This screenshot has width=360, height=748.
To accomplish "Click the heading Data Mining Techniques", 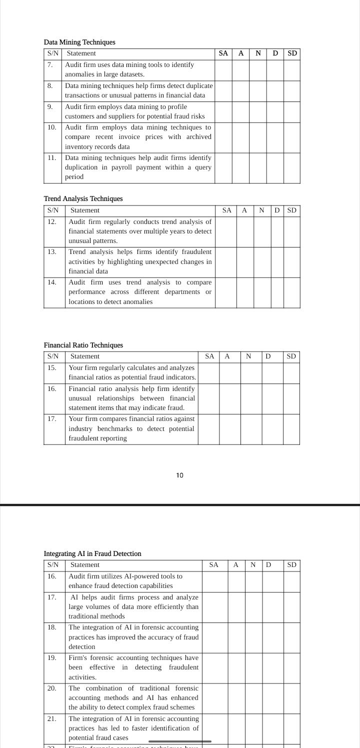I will pos(79,42).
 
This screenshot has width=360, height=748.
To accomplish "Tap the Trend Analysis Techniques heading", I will pos(83,198).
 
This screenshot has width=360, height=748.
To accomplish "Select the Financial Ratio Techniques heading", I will pos(83,345).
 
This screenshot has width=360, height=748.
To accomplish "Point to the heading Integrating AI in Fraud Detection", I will pos(92,553).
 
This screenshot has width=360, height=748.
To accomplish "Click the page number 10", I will pos(180,475).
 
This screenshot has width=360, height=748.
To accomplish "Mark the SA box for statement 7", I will pos(223,69).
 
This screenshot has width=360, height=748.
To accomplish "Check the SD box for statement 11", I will pos(292,167).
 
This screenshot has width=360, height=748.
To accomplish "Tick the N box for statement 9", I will pos(257,111).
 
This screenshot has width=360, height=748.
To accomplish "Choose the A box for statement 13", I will pos(244,262).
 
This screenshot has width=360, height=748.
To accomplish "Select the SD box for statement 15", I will pos(291,372).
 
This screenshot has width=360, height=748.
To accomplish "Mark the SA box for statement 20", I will pos(214,698).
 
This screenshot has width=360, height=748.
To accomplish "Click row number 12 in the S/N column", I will pos(52,221).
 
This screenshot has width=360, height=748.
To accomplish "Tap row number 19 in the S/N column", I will pos(52,658).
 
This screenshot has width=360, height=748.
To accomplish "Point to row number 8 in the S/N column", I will pos(50,85).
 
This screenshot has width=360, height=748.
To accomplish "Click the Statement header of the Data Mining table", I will pos(81,53).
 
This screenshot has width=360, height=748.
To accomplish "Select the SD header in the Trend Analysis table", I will pos(292,210).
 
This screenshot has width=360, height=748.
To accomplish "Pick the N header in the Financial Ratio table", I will pos(248,356).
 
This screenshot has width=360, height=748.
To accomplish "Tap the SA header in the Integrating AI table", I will pos(214,565).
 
